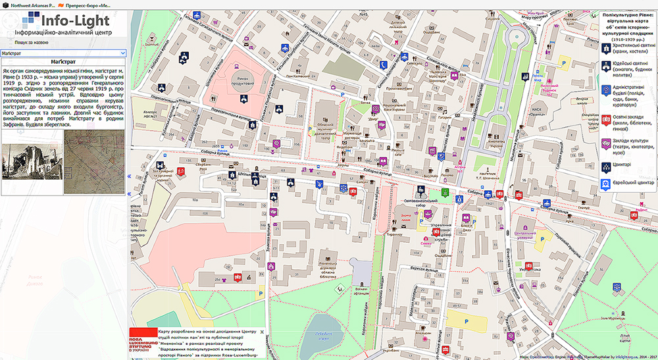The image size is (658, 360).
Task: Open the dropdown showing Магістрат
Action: click(63, 53)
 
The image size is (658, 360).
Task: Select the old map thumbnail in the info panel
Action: click(94, 162)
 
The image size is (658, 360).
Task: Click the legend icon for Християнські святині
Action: click(605, 47)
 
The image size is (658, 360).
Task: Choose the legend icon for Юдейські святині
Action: click(605, 65)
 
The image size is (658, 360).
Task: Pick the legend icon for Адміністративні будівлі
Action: click(605, 91)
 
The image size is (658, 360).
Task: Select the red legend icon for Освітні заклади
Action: click(605, 120)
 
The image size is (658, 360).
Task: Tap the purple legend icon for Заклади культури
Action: click(605, 143)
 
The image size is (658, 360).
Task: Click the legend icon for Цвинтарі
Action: click(605, 165)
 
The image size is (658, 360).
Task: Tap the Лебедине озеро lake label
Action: click(322, 336)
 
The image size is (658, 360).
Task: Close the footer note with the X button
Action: click(262, 331)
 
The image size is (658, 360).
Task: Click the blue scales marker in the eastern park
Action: click(617, 287)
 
